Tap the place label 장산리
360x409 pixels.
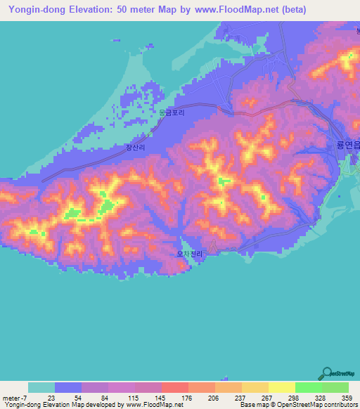click(135, 148)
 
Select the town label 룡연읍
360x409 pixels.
click(345, 143)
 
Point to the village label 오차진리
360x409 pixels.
click(189, 254)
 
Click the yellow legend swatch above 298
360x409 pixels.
click(281, 387)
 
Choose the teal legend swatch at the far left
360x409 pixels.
click(41, 387)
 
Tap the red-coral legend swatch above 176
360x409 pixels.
click(174, 387)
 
